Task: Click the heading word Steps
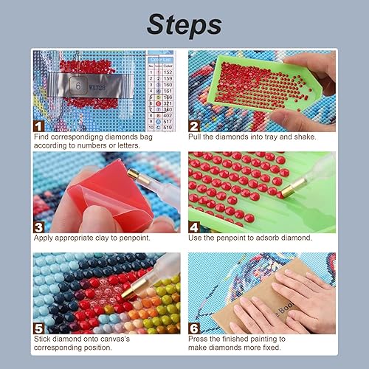[x=184, y=24]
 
